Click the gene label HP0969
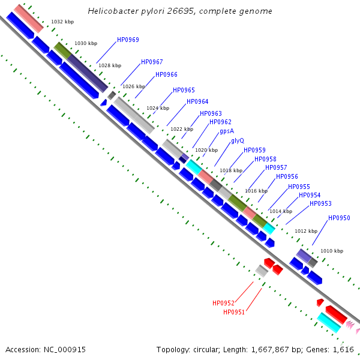point(128,40)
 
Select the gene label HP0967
point(152,62)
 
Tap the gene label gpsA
point(227,131)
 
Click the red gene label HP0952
point(223,303)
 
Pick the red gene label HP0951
point(234,312)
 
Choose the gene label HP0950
point(339,218)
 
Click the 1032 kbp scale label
point(62,22)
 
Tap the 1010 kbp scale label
point(332,251)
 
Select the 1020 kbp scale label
point(206,150)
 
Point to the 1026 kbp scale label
point(134,86)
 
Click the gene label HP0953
point(320,203)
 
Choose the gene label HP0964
point(197,101)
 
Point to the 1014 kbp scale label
point(280,211)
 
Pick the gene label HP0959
point(254,150)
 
